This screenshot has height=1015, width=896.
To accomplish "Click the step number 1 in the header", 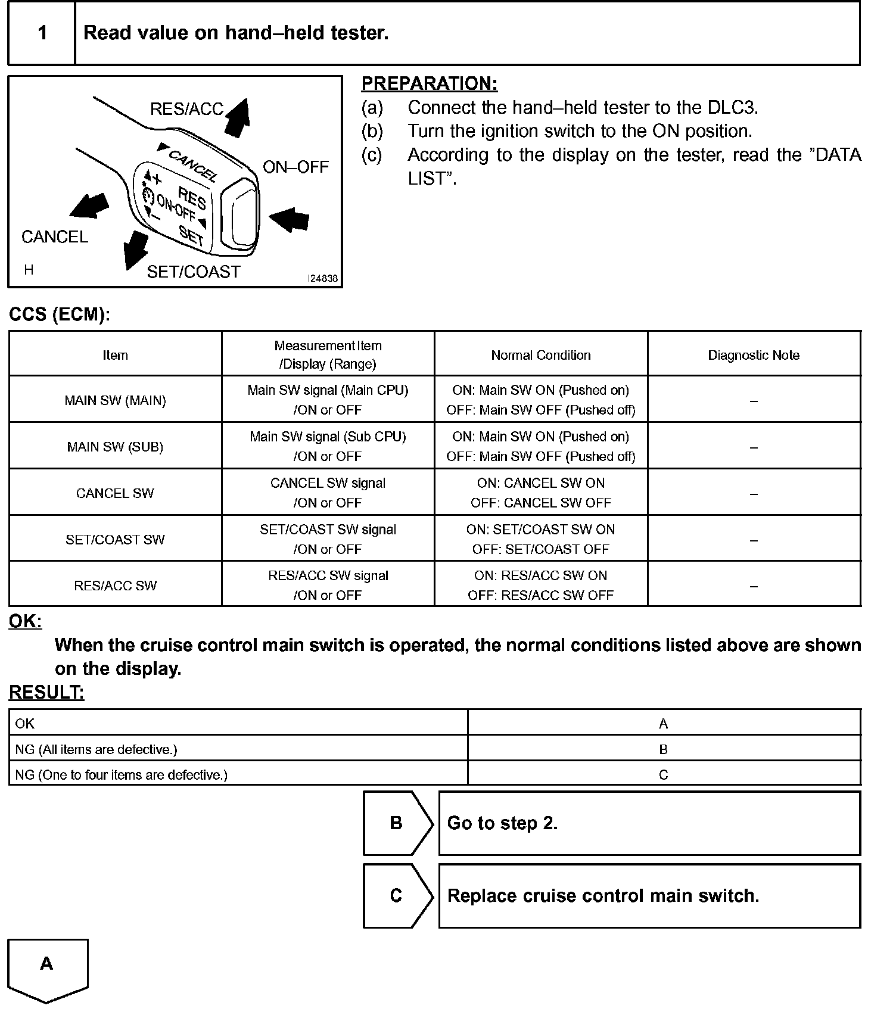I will [x=42, y=33].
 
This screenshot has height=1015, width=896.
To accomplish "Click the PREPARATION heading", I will [x=429, y=84].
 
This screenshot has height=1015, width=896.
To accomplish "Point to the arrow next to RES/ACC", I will [x=238, y=118].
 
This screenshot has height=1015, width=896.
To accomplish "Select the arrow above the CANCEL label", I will [x=89, y=205].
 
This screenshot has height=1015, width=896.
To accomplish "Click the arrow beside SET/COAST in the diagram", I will [x=135, y=250].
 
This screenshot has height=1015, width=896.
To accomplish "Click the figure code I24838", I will [x=322, y=278].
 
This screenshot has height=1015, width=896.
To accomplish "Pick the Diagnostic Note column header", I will [x=754, y=355].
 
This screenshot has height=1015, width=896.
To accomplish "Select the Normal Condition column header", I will [x=541, y=355].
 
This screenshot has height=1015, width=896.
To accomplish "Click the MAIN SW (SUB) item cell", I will [x=115, y=447].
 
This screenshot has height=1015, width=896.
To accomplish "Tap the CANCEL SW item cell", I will [x=115, y=493].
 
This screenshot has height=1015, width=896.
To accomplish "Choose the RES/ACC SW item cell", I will [x=115, y=586].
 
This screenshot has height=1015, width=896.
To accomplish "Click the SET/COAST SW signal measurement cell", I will [x=328, y=539].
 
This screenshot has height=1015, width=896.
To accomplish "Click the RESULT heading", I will [x=46, y=692].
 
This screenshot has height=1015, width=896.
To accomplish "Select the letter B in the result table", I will [x=663, y=749].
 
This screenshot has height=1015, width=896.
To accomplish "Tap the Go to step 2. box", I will [x=649, y=823].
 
